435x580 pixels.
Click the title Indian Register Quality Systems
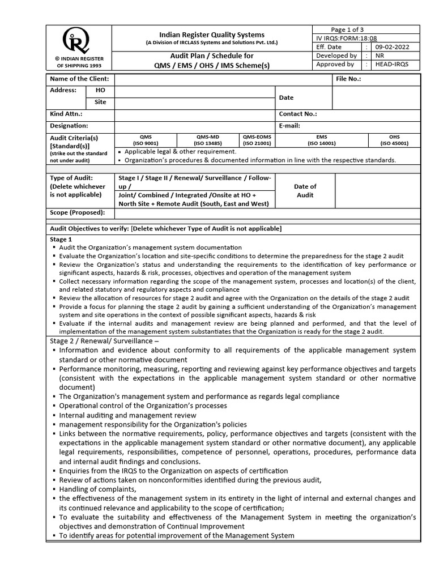coord(212,35)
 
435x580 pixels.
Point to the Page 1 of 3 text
coord(348,29)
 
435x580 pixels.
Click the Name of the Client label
coord(79,79)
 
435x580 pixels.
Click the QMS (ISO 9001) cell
coord(146,140)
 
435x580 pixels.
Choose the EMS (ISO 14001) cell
coord(322,140)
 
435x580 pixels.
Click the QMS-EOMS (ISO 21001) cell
coord(258,140)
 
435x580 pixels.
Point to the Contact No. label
coord(298,114)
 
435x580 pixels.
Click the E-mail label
coord(289,126)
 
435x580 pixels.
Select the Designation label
coord(69,126)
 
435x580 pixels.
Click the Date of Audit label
coord(305,190)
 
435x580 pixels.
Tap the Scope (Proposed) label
coord(78,212)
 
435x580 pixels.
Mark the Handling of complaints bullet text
coord(98,489)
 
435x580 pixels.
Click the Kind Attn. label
coord(66,114)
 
